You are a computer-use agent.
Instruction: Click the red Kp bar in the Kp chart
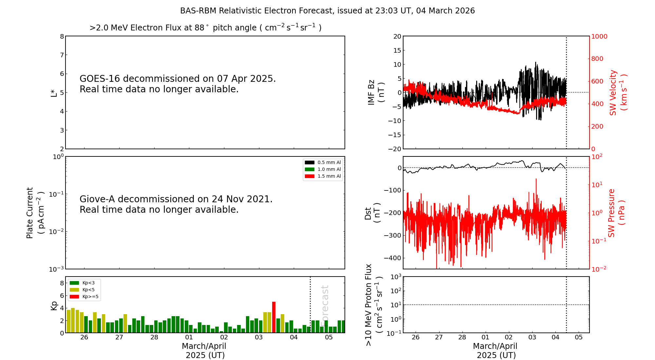click(x=274, y=317)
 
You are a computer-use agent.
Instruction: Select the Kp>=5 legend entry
click(x=84, y=297)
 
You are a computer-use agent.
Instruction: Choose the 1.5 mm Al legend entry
click(x=323, y=176)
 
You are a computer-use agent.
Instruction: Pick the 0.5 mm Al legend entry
click(x=323, y=162)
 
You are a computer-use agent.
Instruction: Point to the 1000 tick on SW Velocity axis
click(x=599, y=36)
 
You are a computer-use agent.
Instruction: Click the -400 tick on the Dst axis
click(x=393, y=258)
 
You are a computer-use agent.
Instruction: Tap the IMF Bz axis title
click(x=376, y=92)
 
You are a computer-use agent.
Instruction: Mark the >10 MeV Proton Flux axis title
click(x=374, y=305)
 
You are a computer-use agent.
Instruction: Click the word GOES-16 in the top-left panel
click(x=100, y=79)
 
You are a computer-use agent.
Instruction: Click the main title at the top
click(x=327, y=11)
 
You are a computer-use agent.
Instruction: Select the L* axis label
click(x=54, y=93)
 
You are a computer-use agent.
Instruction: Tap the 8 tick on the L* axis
click(x=62, y=36)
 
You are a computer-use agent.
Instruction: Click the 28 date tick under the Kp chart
click(x=154, y=337)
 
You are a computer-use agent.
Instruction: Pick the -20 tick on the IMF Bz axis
click(x=395, y=149)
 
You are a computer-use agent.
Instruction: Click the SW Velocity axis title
click(x=618, y=92)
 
